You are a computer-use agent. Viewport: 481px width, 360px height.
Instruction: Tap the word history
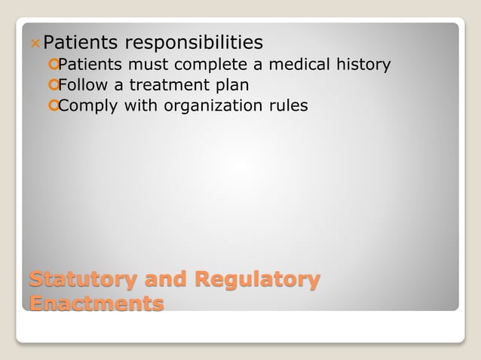(364, 66)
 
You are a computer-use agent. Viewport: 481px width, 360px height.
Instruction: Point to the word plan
(230, 86)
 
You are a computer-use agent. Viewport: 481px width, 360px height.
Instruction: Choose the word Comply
(87, 106)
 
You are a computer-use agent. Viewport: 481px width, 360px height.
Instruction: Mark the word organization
(204, 106)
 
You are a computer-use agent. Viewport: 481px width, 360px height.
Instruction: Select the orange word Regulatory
(257, 280)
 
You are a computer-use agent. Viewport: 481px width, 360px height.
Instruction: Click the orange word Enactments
(97, 304)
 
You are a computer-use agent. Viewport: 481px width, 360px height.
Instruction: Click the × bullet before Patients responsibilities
(36, 43)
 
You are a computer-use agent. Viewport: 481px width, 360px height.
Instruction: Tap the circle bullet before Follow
(52, 85)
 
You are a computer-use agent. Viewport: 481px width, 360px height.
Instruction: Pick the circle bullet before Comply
(52, 105)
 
